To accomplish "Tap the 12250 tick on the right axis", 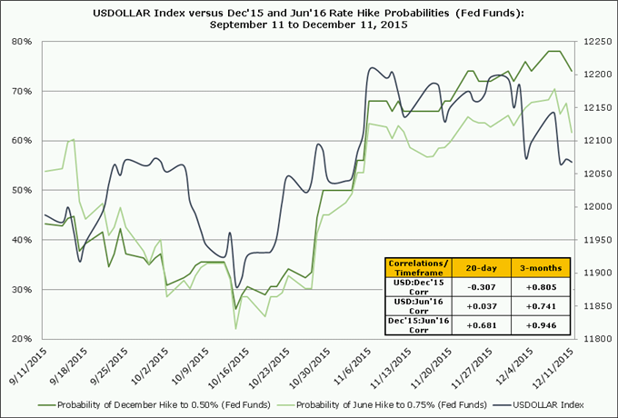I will tap(596, 42).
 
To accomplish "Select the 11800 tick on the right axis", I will tap(596, 339).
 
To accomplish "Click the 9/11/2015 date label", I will tap(28, 367).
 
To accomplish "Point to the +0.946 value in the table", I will tap(542, 324).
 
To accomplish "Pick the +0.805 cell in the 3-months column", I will tap(542, 288).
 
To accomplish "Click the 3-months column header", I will tap(542, 269).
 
